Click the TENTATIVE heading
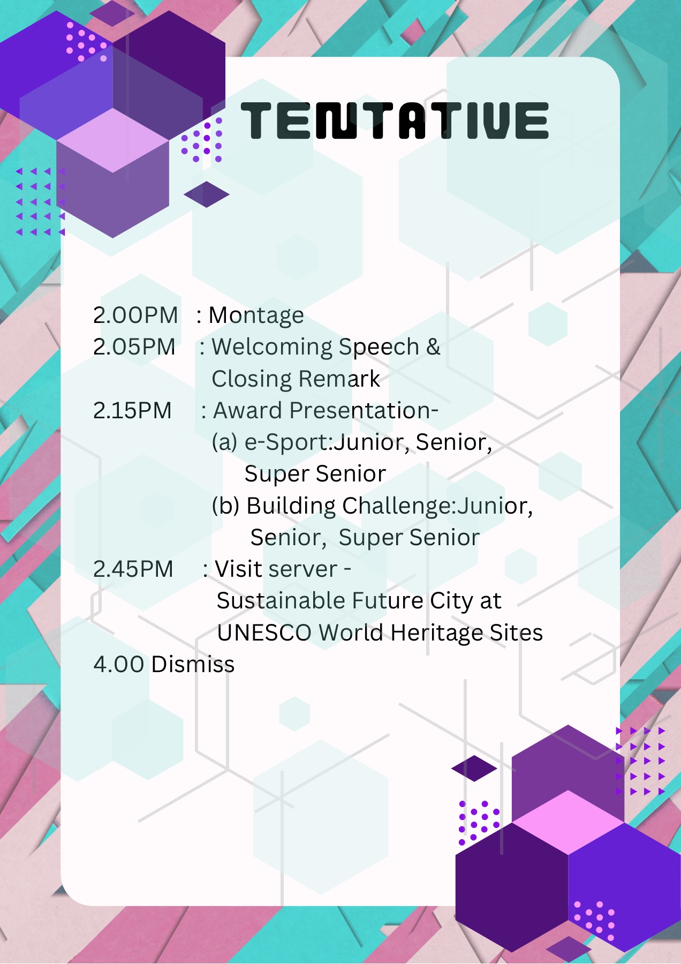[x=395, y=120]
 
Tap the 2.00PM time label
[x=135, y=315]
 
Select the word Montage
[x=256, y=316]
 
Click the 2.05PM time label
[x=134, y=347]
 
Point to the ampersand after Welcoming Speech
[x=433, y=347]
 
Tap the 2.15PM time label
[x=132, y=410]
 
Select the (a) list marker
[x=225, y=442]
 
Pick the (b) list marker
[x=225, y=506]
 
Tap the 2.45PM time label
[x=133, y=569]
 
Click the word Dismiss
[x=193, y=664]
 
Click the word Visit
[x=239, y=569]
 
